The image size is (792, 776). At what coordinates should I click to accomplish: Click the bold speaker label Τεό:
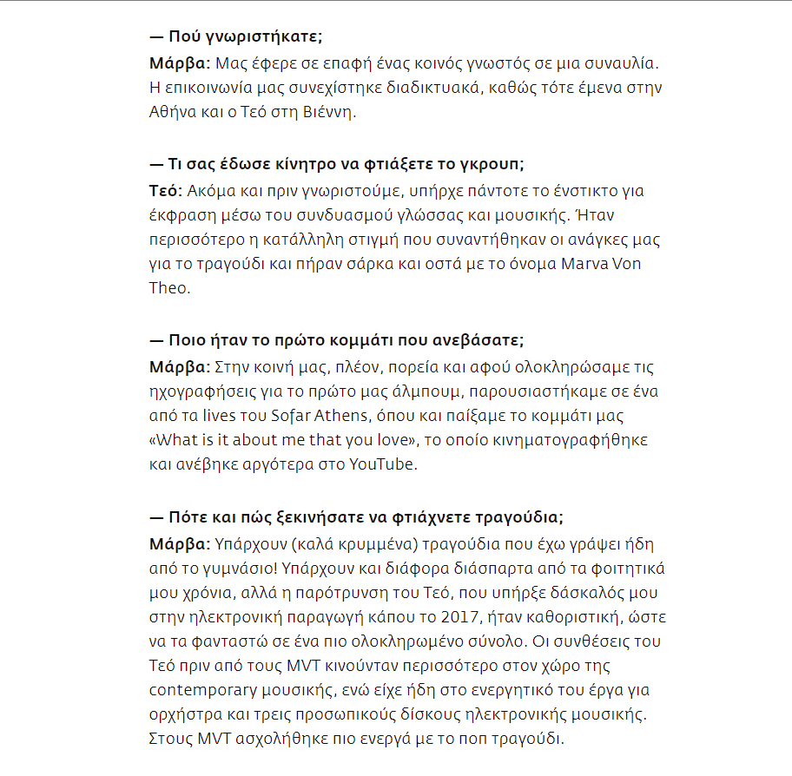[x=163, y=191]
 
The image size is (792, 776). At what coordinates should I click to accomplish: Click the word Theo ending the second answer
[x=168, y=288]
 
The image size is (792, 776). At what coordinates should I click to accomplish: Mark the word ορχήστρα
[x=181, y=715]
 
